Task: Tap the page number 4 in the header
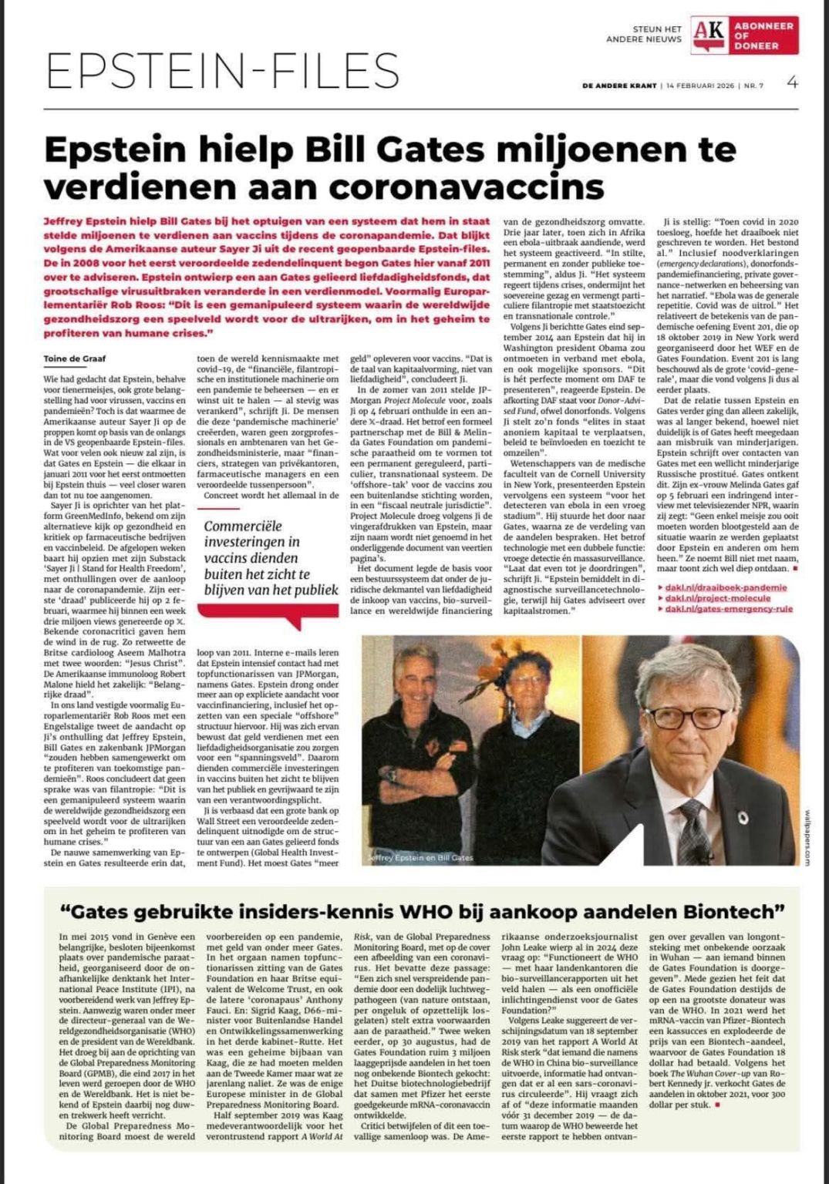(x=792, y=83)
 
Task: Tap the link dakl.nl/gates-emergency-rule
(x=729, y=609)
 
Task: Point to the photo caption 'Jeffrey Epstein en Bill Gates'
(x=421, y=856)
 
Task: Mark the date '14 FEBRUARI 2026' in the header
(x=700, y=86)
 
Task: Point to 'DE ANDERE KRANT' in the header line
(x=620, y=86)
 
